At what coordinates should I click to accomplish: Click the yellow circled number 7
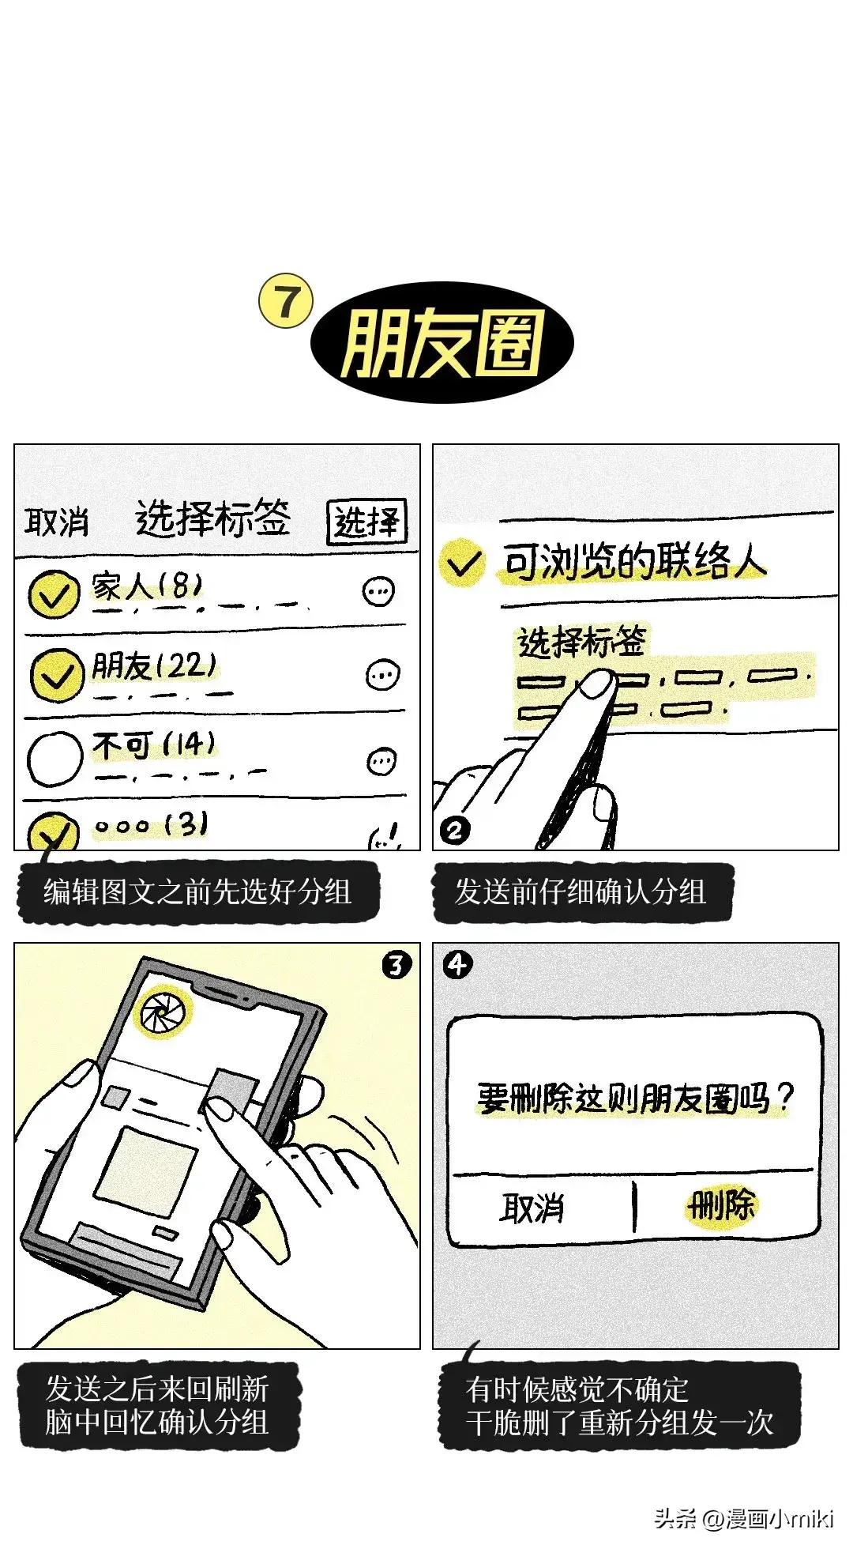[286, 301]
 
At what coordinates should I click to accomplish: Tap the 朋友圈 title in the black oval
[442, 343]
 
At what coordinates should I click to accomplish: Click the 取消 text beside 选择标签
[57, 522]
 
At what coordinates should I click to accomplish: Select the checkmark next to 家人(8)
[54, 594]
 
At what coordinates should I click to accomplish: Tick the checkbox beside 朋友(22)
[56, 675]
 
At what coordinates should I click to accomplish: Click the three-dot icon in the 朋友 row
[383, 674]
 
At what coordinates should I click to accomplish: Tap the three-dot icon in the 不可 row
[382, 760]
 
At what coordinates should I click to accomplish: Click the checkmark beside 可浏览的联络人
[463, 562]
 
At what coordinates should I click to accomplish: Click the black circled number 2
[455, 830]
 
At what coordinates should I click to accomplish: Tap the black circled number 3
[396, 965]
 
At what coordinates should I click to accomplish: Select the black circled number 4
[457, 964]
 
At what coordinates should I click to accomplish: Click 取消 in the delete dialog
[532, 1208]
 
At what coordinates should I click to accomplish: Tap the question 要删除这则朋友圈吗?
[634, 1097]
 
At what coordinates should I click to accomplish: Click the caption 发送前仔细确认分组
[581, 891]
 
